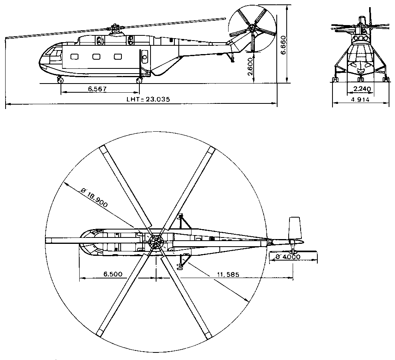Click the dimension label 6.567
click(x=98, y=89)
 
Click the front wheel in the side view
click(x=61, y=81)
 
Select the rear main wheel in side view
click(x=139, y=81)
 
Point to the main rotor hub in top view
click(x=156, y=241)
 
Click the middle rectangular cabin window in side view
click(x=96, y=57)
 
